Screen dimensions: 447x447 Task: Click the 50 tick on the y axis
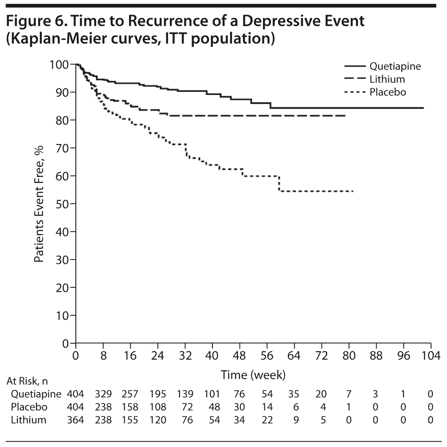coord(64,204)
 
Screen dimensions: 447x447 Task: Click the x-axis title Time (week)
coord(253,375)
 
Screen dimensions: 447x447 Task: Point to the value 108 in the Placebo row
coord(158,407)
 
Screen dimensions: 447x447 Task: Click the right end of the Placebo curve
coord(353,191)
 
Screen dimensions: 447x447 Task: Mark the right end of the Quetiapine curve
coord(423,108)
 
